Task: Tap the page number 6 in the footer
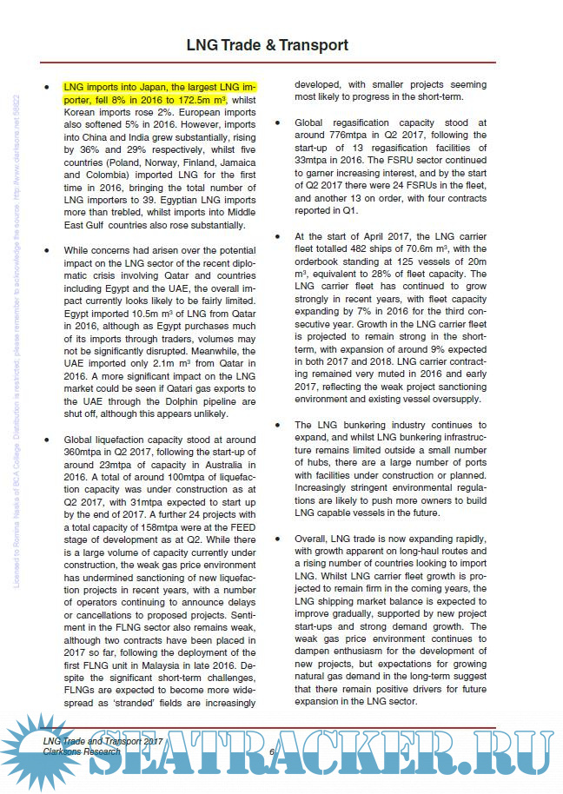(x=272, y=751)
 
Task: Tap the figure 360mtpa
(x=86, y=453)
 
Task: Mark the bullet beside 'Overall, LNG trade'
(x=274, y=538)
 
